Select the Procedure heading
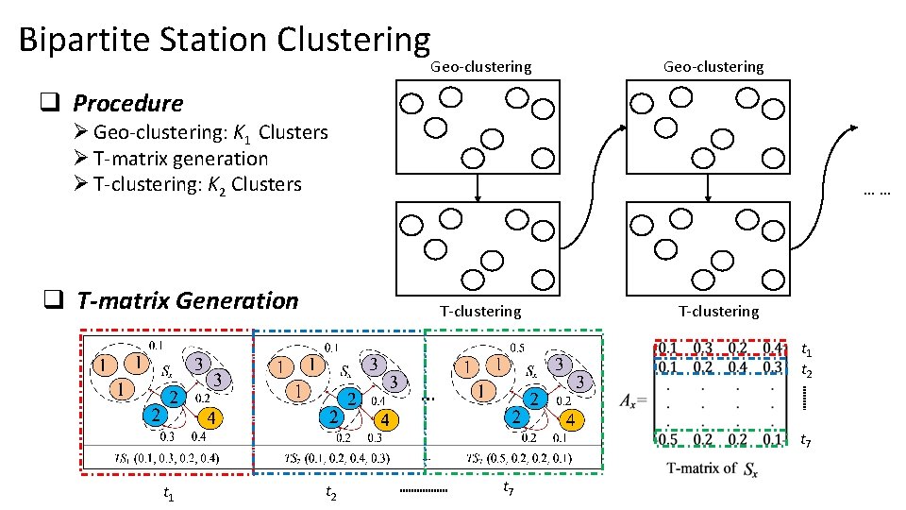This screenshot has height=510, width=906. (x=127, y=102)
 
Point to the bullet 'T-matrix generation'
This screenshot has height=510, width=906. (x=180, y=159)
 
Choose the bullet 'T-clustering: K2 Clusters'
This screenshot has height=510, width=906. (x=197, y=184)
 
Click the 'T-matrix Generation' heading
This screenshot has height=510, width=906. (x=187, y=300)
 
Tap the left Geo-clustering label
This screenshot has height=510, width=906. (x=480, y=67)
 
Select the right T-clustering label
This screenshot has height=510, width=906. (x=718, y=311)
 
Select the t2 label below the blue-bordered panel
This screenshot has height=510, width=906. (x=331, y=492)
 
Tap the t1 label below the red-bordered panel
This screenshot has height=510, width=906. (x=167, y=492)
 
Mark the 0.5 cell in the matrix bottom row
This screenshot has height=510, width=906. (x=668, y=440)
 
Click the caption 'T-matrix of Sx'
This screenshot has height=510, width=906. (x=713, y=467)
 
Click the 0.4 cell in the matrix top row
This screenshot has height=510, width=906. (x=773, y=348)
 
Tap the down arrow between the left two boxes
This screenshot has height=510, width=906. (x=479, y=188)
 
